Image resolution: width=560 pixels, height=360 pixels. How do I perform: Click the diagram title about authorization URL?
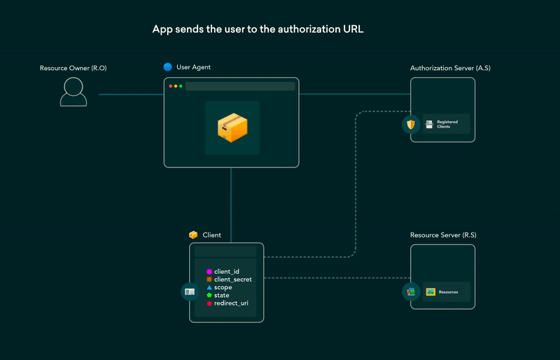pos(258,30)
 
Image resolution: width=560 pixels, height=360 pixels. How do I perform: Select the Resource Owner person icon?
pos(73,92)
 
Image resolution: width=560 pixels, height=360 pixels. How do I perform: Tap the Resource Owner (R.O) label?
pos(73,68)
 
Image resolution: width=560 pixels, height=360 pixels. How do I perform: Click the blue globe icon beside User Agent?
pos(167,67)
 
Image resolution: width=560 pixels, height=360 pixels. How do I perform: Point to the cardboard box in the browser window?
pos(232,127)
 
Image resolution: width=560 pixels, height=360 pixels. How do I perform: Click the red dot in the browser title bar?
pos(171,86)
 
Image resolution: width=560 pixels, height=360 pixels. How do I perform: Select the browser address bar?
pos(239,86)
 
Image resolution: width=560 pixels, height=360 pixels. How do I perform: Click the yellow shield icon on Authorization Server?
pos(411,125)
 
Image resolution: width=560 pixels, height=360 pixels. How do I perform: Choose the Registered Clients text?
pos(447,124)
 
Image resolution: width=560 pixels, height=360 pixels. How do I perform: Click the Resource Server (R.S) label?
pos(443,235)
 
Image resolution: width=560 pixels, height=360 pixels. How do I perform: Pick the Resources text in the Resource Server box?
pos(448,291)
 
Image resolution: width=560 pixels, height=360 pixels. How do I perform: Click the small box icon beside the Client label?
pos(193,235)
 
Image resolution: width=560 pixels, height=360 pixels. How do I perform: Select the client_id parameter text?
pos(227,271)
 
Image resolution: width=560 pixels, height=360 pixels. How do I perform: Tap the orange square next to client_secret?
pos(209,279)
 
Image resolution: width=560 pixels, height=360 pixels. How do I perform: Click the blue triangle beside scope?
pos(209,287)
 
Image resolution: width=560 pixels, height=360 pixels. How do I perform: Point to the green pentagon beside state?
pos(209,296)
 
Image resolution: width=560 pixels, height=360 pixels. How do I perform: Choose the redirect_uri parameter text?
pos(231,303)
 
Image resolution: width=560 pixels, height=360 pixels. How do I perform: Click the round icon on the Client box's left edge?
pos(190,291)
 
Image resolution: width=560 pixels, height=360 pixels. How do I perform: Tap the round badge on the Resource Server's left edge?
pos(411,291)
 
